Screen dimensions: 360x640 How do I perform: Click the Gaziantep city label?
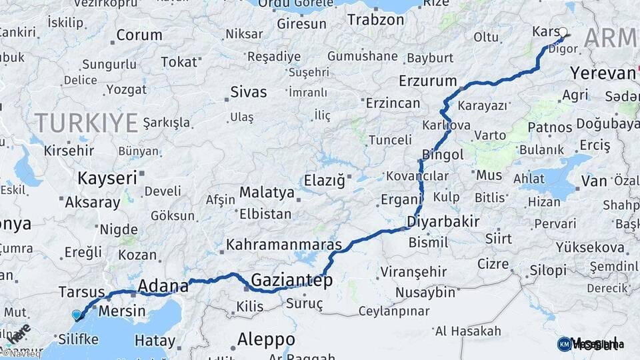coord(291,281)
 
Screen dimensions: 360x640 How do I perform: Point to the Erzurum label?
coord(427,81)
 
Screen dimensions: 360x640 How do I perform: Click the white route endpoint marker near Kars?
coord(563,32)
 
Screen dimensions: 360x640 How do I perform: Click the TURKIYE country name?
coord(86,123)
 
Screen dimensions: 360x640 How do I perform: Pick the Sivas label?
coord(248,92)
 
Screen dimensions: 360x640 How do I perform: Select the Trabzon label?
coord(376,21)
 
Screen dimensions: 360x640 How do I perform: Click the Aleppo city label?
coord(266,337)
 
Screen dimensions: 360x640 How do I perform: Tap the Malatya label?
coord(267,192)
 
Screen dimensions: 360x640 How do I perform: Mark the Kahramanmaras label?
coord(284,245)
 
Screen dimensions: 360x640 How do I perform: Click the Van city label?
coord(593,181)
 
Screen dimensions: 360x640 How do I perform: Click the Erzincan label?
coord(393,103)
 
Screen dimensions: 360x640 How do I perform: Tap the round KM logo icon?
coord(564,344)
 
